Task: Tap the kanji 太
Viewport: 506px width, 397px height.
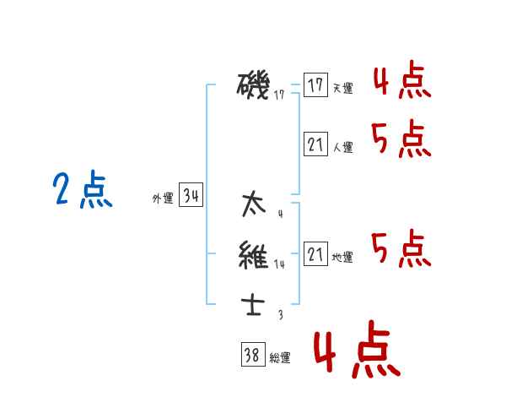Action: click(x=252, y=204)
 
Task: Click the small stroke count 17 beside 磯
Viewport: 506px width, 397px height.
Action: click(x=279, y=95)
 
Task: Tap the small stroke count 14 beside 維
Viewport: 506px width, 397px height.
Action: click(x=280, y=264)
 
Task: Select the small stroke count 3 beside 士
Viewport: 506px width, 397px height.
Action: click(x=280, y=314)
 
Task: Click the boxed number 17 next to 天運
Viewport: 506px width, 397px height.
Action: click(x=315, y=85)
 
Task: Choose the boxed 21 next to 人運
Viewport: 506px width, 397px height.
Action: click(x=315, y=144)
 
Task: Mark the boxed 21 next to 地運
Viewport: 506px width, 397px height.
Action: click(x=315, y=254)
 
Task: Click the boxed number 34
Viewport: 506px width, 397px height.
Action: click(x=191, y=197)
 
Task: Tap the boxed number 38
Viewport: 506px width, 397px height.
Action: click(x=252, y=356)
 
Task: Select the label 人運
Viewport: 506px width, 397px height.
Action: click(x=343, y=148)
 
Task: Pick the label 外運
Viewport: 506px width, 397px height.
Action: click(x=163, y=199)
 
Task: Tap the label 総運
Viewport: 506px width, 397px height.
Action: click(x=280, y=358)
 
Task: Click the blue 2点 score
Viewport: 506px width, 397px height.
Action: click(x=83, y=191)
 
